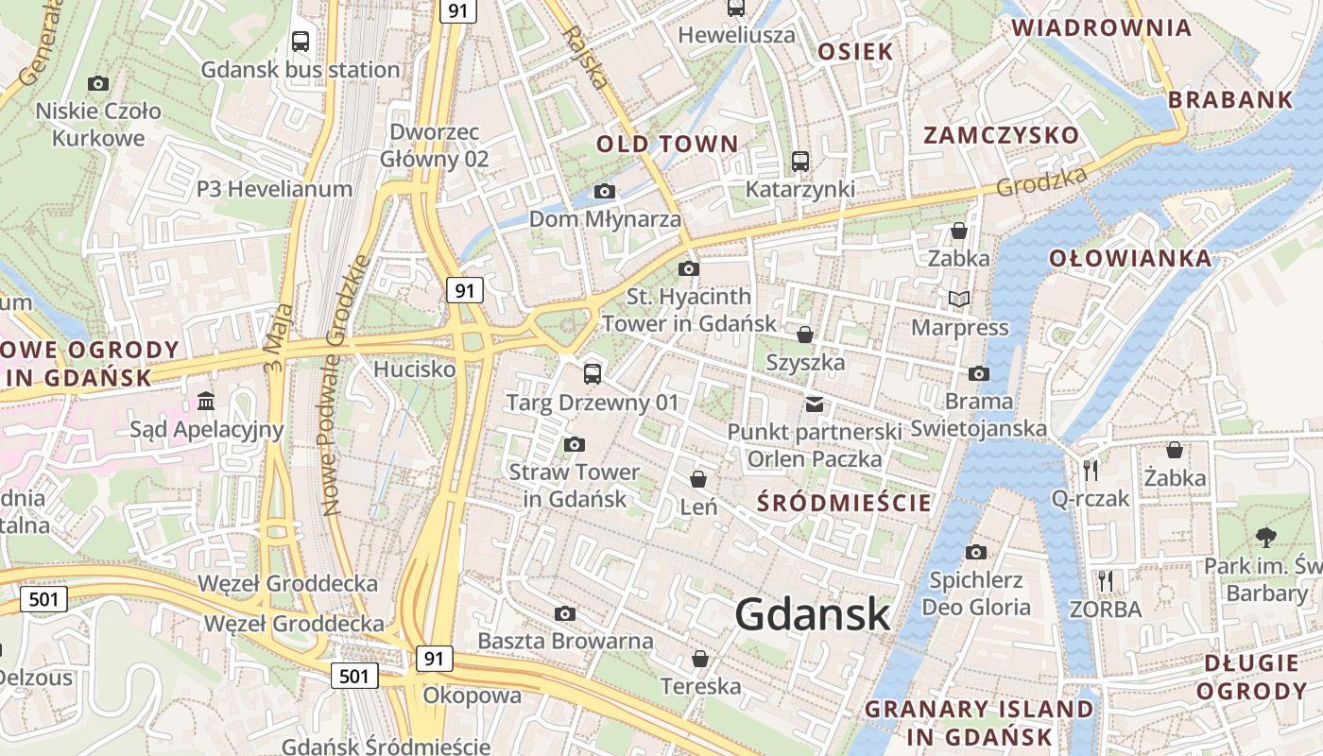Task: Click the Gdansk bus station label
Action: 301,70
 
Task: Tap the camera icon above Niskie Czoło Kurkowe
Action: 97,83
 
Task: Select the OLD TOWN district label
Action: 667,145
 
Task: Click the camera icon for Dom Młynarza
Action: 605,192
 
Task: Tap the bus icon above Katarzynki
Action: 800,162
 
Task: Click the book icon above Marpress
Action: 959,300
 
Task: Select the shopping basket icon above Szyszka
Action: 805,335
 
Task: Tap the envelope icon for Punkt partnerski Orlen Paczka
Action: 814,404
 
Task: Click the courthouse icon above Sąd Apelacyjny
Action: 206,402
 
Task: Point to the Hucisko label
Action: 414,369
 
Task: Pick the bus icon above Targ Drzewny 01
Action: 593,373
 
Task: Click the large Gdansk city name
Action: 813,614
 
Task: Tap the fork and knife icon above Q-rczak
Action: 1091,470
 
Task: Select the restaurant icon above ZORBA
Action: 1105,580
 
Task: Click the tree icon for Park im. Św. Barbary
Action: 1265,538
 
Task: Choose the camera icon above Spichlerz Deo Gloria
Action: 976,552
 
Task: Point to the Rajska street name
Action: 586,57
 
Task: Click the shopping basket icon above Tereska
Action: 700,658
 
